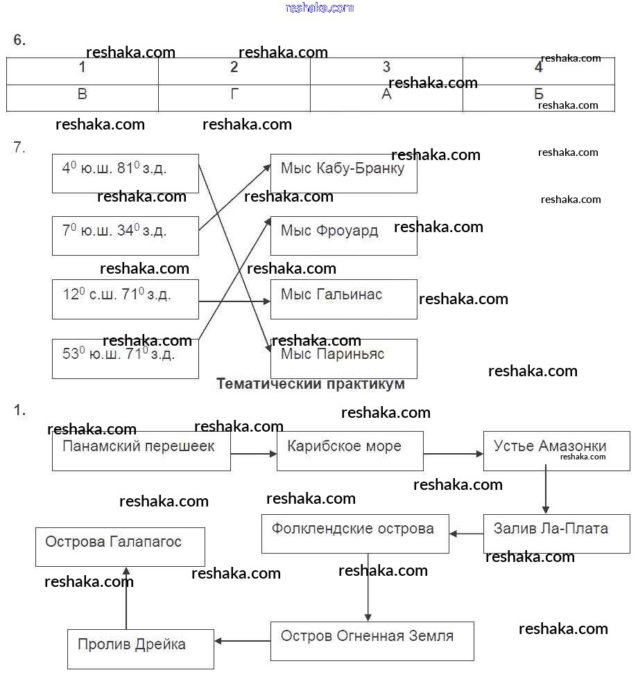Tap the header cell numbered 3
386,68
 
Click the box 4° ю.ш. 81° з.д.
126,173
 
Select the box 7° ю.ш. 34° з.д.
126,236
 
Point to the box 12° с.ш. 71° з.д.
126,299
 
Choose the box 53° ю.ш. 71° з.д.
126,358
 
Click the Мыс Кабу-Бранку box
344,173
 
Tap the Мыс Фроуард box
344,236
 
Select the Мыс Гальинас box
344,299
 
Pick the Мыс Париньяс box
344,358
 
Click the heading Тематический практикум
311,384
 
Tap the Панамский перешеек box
141,451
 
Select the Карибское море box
350,451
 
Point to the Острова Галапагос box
120,546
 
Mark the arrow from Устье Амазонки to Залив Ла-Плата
546,491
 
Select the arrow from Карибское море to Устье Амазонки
454,454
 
